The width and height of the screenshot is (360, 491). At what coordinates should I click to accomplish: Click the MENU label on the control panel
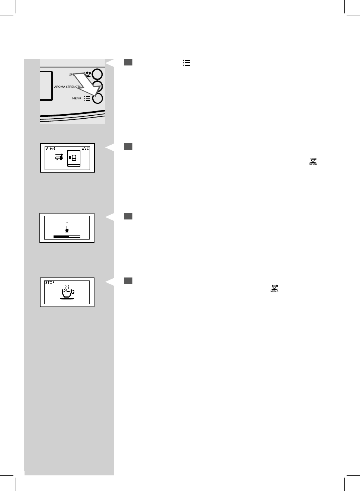[x=76, y=99]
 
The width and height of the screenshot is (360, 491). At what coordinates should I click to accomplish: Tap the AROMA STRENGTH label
[x=67, y=87]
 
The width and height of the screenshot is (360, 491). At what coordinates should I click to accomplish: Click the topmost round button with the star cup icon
[x=97, y=74]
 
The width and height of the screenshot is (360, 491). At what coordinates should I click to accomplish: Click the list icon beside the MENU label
[x=87, y=99]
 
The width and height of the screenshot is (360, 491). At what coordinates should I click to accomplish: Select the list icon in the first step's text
[x=187, y=63]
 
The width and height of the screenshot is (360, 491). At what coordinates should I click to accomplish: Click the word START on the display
[x=51, y=148]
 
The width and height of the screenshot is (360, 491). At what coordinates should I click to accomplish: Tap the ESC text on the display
[x=86, y=148]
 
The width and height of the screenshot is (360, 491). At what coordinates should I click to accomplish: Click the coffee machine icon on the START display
[x=74, y=158]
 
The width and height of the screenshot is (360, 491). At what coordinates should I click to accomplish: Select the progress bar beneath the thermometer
[x=67, y=236]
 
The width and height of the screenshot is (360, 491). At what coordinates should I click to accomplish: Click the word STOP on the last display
[x=49, y=283]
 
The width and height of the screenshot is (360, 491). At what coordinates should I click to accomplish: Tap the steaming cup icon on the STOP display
[x=67, y=292]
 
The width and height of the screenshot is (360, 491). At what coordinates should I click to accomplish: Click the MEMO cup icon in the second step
[x=313, y=162]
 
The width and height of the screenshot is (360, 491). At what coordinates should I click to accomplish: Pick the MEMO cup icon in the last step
[x=274, y=289]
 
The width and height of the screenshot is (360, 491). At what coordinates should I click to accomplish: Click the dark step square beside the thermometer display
[x=128, y=216]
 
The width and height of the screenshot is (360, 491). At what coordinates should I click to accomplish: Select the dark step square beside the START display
[x=128, y=147]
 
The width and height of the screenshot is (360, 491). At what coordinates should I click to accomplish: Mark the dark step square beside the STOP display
[x=128, y=281]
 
